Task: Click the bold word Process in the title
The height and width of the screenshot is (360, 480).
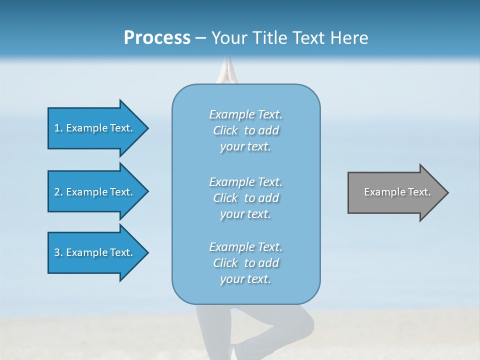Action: [x=157, y=38]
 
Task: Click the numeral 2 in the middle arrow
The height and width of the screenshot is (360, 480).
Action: [x=57, y=192]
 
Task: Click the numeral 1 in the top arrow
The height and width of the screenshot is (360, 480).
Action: [x=57, y=128]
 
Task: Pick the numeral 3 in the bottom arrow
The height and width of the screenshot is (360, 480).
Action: [x=57, y=252]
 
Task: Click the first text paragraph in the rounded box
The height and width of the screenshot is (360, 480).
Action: [x=245, y=130]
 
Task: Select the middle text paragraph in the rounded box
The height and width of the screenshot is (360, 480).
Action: [x=245, y=198]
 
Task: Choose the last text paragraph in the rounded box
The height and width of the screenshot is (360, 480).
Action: [x=245, y=263]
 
